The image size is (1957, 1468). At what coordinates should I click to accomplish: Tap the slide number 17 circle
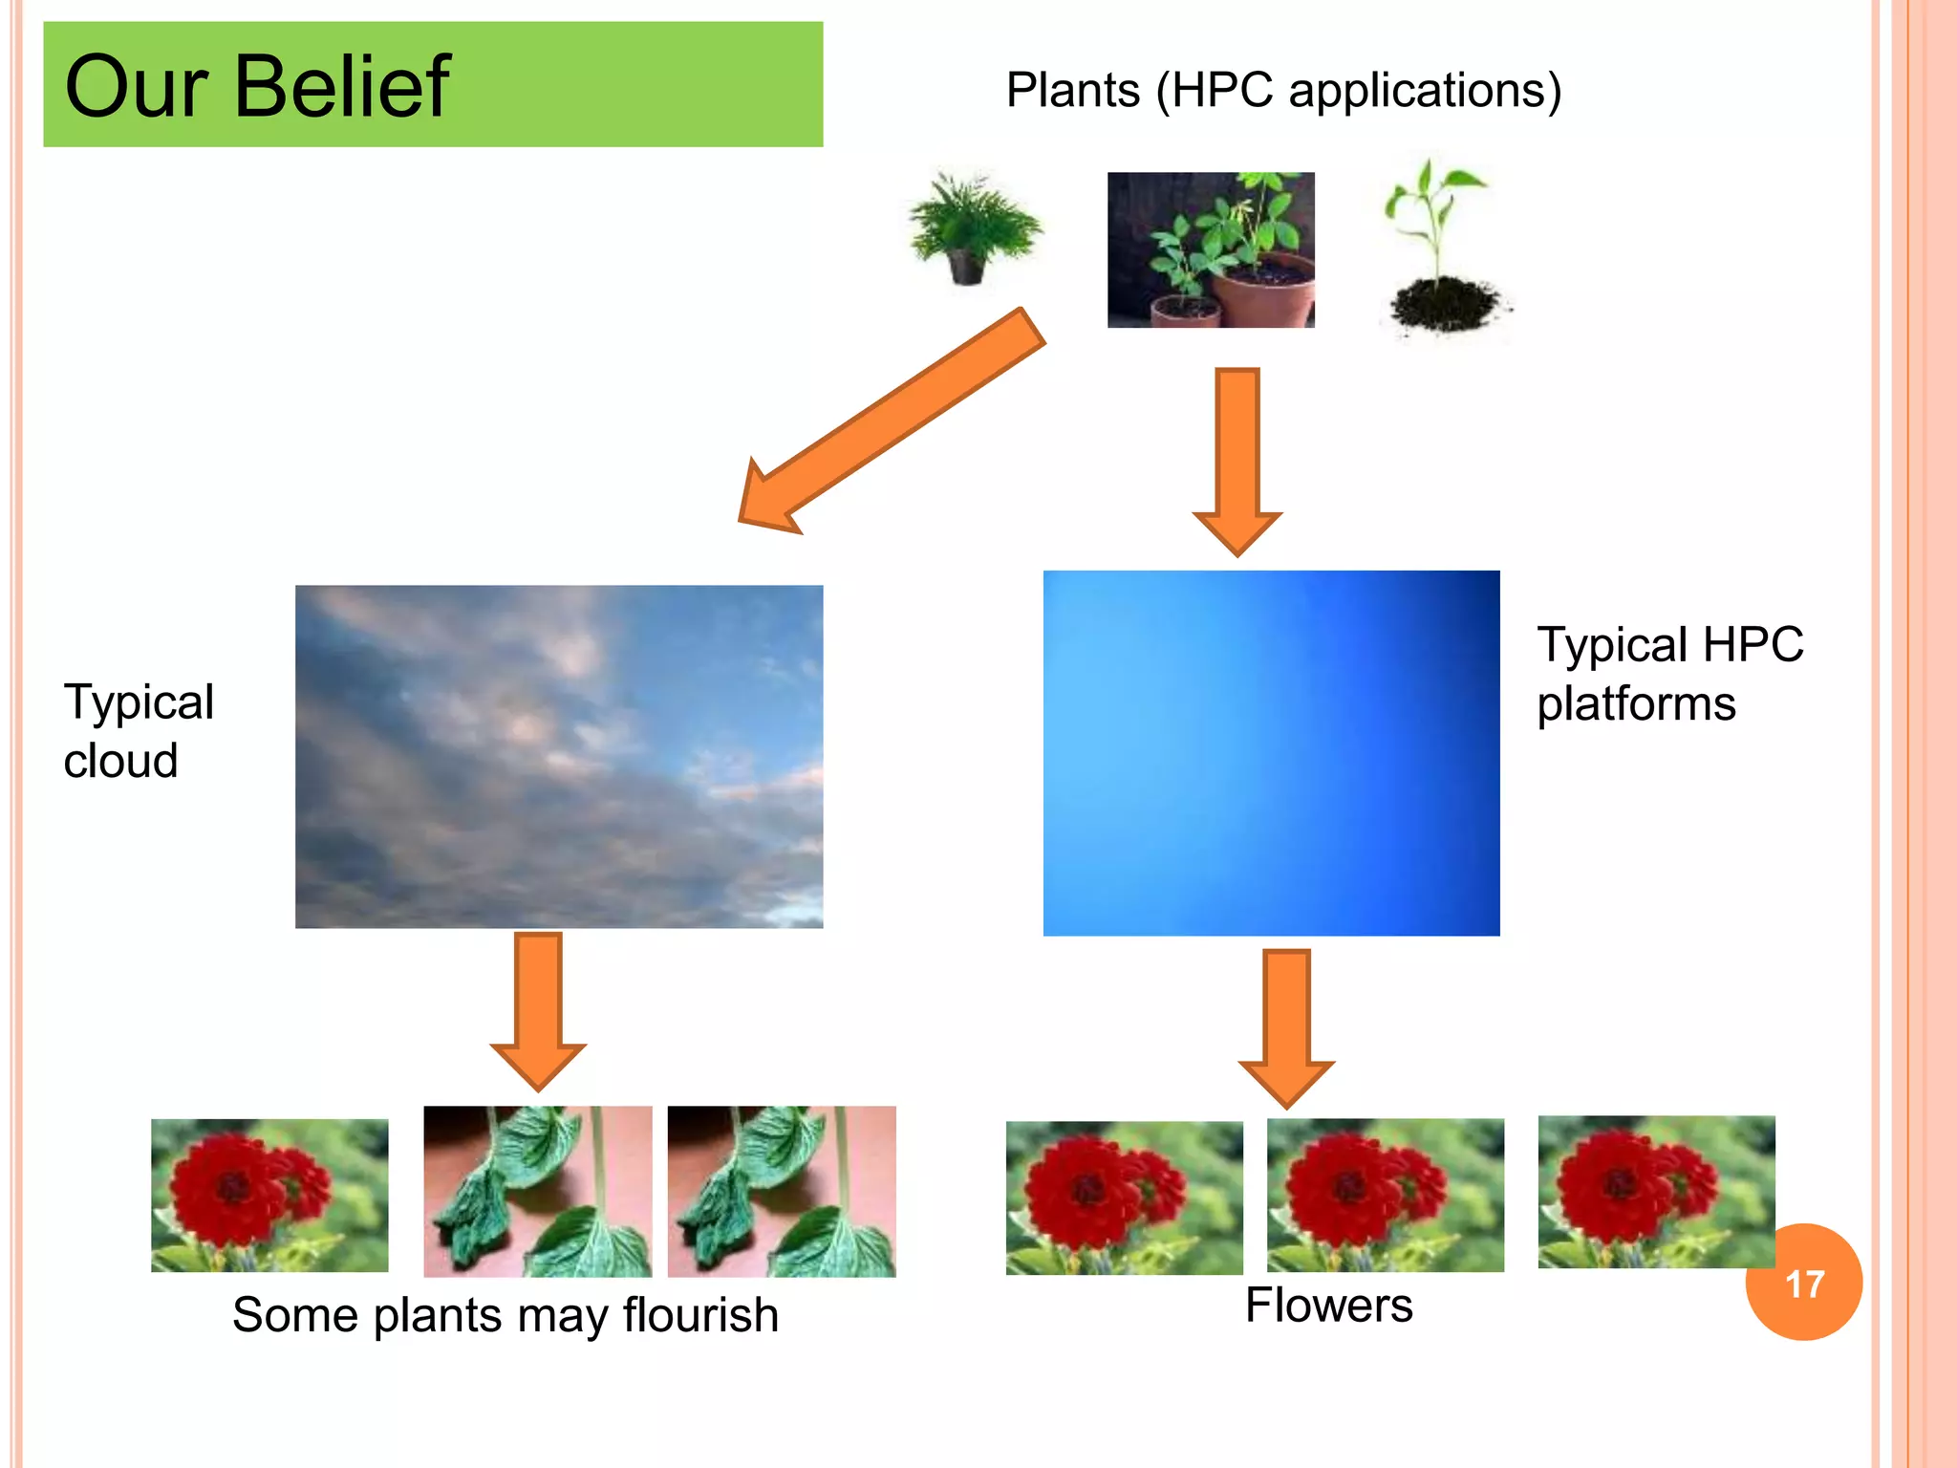(1803, 1283)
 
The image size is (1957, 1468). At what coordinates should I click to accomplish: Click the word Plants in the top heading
(1072, 91)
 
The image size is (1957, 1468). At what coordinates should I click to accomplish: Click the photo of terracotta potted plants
(1211, 250)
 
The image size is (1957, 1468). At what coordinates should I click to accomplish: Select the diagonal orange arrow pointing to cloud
(893, 421)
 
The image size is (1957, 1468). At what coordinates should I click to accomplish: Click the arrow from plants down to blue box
(1237, 459)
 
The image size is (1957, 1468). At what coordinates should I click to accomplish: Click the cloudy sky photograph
(559, 756)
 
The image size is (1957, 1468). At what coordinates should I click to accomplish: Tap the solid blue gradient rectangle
(1271, 753)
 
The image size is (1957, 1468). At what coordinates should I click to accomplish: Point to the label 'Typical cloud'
(138, 731)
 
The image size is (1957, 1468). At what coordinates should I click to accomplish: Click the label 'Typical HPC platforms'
(1668, 674)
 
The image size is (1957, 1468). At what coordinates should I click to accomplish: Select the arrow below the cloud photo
(538, 1008)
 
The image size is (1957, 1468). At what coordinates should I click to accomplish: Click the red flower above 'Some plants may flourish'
(269, 1195)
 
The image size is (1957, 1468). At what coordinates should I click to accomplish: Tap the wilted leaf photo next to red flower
(538, 1192)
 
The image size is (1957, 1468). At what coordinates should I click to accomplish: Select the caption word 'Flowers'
(1328, 1306)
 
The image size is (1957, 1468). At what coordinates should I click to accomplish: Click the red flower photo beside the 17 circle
(1655, 1192)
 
